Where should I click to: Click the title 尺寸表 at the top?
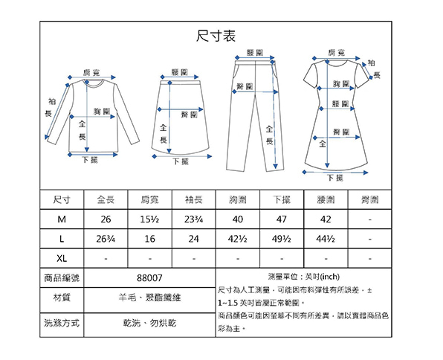[x=216, y=36]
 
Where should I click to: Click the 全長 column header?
[x=106, y=199]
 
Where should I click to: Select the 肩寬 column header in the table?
[x=149, y=199]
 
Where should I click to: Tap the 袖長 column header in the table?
[x=194, y=199]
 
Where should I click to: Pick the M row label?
[x=62, y=219]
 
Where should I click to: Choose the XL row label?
[x=62, y=258]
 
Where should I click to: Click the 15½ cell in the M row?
[x=149, y=219]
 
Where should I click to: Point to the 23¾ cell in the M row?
[x=194, y=219]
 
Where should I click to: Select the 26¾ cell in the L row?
[x=106, y=239]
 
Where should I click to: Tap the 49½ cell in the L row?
[x=282, y=239]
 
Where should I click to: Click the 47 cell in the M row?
[x=282, y=219]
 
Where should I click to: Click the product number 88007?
[x=149, y=278]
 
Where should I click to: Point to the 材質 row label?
[x=62, y=298]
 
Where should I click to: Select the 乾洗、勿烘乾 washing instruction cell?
[x=149, y=323]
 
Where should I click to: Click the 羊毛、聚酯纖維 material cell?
[x=149, y=298]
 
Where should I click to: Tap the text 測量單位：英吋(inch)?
[x=304, y=277]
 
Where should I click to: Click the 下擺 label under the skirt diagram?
[x=181, y=161]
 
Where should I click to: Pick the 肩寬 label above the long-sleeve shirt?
[x=91, y=73]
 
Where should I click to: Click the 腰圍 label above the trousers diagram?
[x=255, y=53]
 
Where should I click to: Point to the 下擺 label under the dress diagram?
[x=335, y=178]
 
